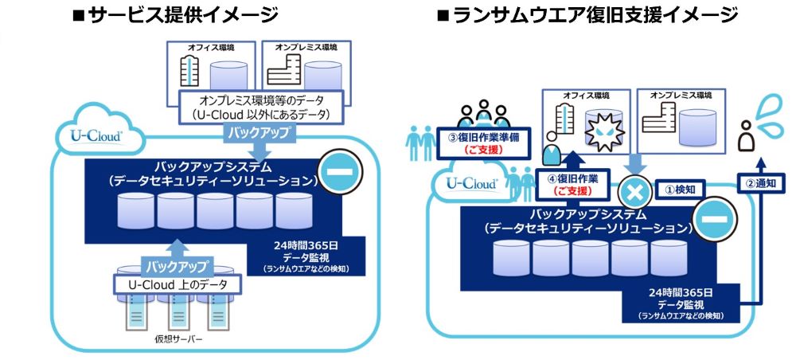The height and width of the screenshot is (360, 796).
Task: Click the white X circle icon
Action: pyautogui.click(x=634, y=191)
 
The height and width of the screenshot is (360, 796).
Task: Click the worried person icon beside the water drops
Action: pyautogui.click(x=747, y=136)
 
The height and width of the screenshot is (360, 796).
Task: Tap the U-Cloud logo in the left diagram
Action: pyautogui.click(x=96, y=137)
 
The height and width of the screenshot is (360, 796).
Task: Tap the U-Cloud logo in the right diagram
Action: pyautogui.click(x=471, y=183)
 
